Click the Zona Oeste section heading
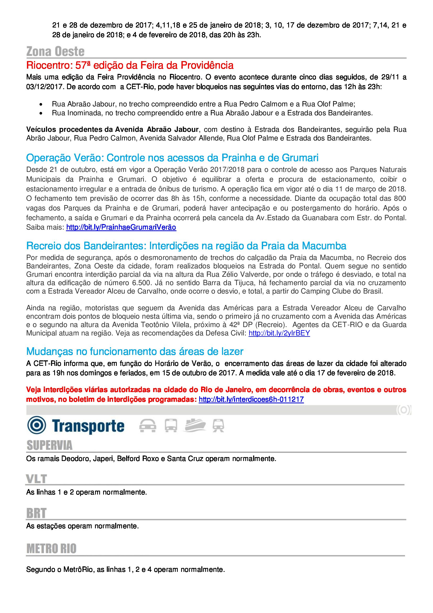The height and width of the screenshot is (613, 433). [x=55, y=52]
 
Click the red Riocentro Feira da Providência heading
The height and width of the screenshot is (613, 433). [x=130, y=65]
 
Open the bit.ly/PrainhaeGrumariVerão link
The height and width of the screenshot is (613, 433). [x=121, y=227]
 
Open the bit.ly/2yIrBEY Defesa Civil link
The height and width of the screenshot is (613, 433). [x=279, y=333]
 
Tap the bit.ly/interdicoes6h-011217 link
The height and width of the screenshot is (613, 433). [x=251, y=399]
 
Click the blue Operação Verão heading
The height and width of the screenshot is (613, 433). [x=172, y=158]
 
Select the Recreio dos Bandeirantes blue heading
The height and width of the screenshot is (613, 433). [x=186, y=246]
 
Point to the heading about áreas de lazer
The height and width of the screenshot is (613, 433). [x=135, y=351]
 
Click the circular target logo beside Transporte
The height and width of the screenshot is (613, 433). [x=37, y=425]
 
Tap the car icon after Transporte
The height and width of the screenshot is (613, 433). [x=148, y=425]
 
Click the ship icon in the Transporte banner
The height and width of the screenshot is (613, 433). [x=194, y=425]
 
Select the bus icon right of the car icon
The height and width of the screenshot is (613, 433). [x=171, y=425]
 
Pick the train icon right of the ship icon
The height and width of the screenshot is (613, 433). [x=218, y=425]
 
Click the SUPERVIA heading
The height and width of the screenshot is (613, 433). [x=49, y=445]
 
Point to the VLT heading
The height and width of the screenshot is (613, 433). [x=37, y=479]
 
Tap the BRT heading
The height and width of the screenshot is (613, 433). [x=36, y=513]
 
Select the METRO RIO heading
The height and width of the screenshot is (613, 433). [x=52, y=549]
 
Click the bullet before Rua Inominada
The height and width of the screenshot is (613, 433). [x=41, y=113]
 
